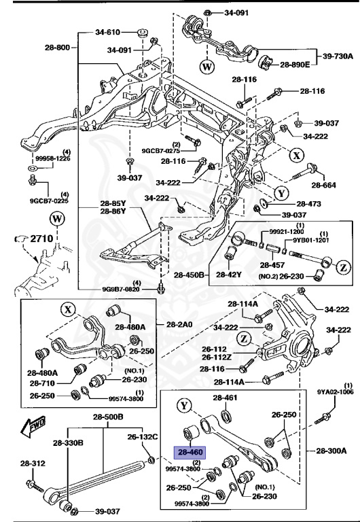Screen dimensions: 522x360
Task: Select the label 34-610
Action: click(108, 32)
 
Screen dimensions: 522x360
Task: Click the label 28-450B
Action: click(187, 275)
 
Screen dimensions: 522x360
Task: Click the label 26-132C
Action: click(143, 436)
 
